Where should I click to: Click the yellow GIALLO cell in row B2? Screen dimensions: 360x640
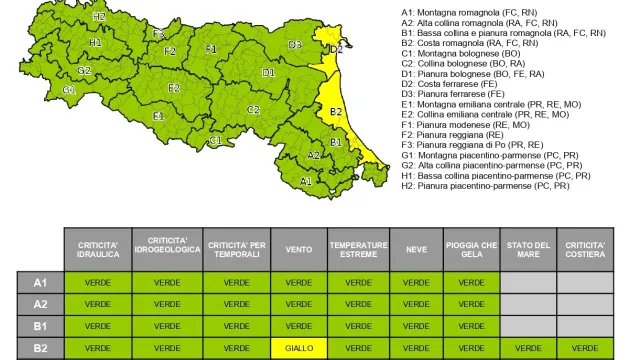pyautogui.click(x=299, y=348)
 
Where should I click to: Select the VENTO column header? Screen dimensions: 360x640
pyautogui.click(x=299, y=249)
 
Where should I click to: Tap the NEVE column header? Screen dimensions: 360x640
pyautogui.click(x=416, y=249)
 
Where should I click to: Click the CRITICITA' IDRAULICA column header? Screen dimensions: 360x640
pyautogui.click(x=98, y=249)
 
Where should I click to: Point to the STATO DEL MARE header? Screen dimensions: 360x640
pyautogui.click(x=528, y=249)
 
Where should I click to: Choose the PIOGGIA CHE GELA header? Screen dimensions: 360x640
pyautogui.click(x=473, y=249)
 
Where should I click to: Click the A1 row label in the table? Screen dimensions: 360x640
pyautogui.click(x=40, y=282)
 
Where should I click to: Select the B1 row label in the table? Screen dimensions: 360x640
pyautogui.click(x=40, y=326)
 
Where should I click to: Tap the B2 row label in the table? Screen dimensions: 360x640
pyautogui.click(x=40, y=348)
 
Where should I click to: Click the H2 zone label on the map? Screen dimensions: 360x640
pyautogui.click(x=98, y=17)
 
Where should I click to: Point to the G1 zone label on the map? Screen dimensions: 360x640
pyautogui.click(x=69, y=90)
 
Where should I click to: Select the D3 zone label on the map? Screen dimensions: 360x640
pyautogui.click(x=295, y=44)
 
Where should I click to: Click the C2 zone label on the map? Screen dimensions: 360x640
pyautogui.click(x=253, y=109)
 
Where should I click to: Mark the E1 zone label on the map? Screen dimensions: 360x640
pyautogui.click(x=158, y=116)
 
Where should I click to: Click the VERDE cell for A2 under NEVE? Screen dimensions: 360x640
pyautogui.click(x=416, y=304)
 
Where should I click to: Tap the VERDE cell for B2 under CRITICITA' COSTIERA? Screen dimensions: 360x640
pyautogui.click(x=585, y=348)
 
